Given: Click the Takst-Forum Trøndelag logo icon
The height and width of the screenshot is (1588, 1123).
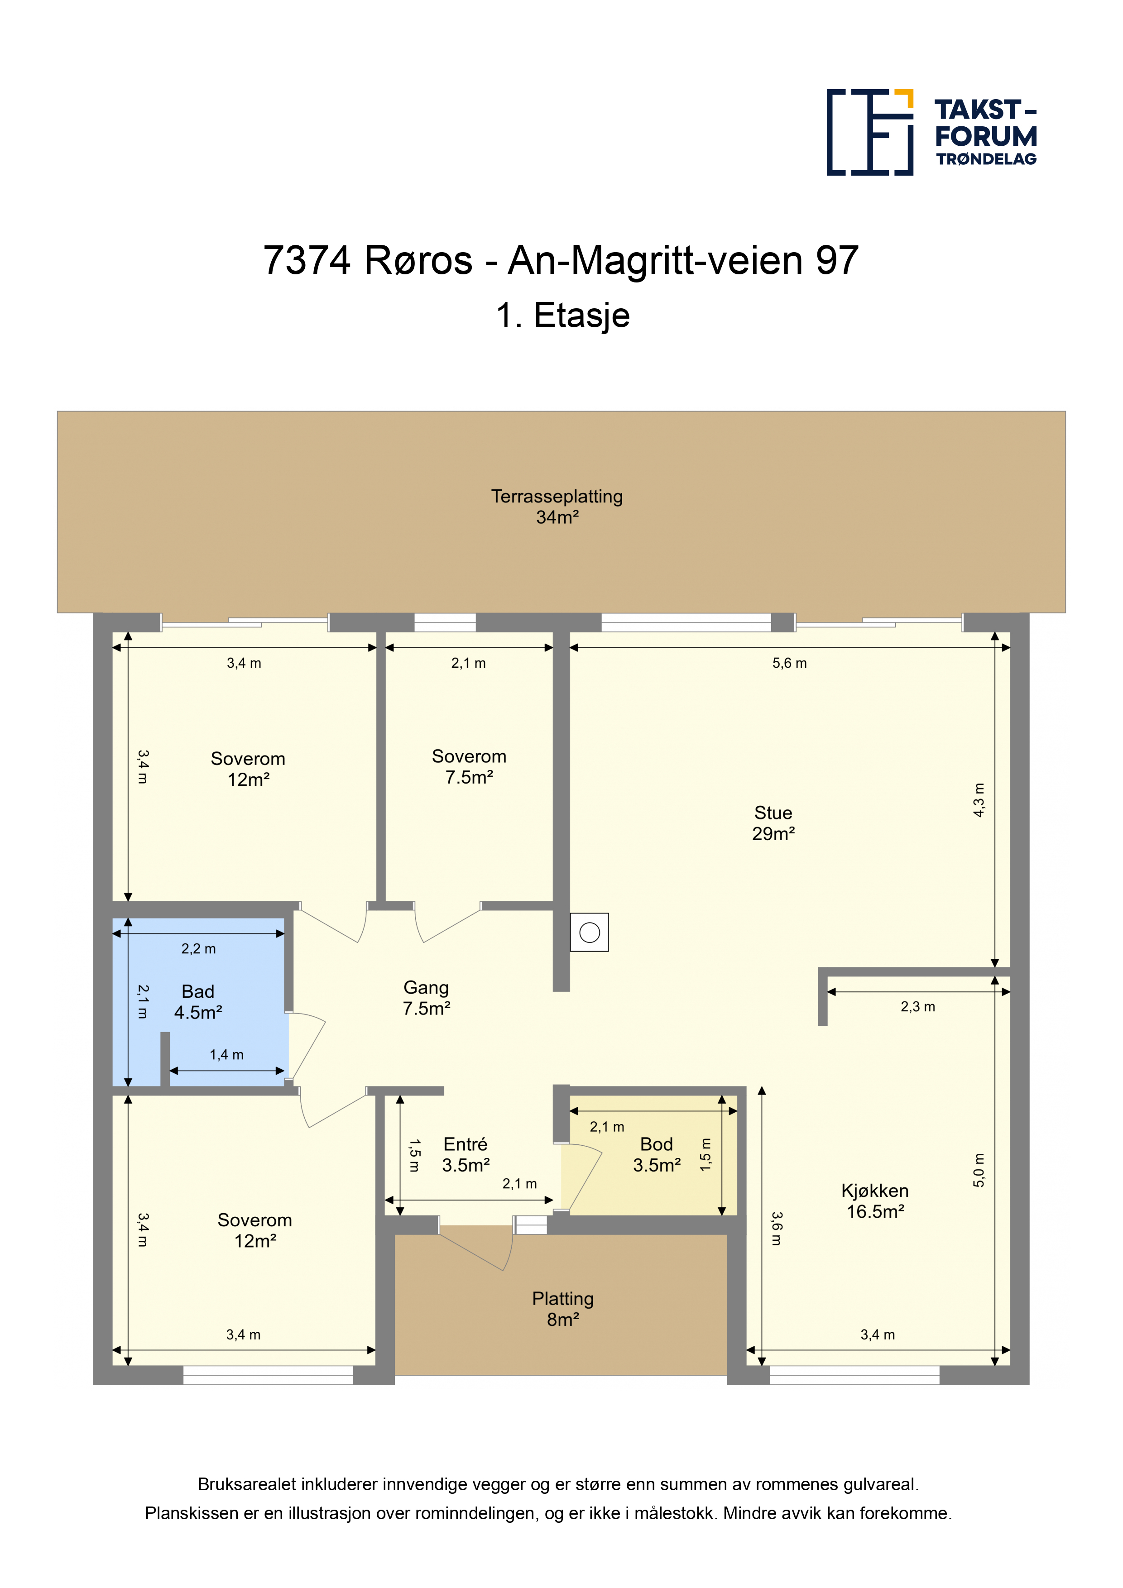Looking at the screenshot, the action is pos(870,132).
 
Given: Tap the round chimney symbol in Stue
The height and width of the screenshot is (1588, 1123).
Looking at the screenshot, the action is pos(590,933).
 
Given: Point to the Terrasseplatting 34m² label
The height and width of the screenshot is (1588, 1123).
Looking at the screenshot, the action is pos(557,506).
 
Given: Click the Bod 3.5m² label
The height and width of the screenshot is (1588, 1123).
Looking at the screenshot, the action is pos(657,1154).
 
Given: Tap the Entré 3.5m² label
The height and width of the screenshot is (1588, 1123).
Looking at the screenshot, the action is pos(466,1154).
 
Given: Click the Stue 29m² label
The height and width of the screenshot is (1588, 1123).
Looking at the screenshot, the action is pos(773,823).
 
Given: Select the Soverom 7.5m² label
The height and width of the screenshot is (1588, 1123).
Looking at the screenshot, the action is pos(469,766).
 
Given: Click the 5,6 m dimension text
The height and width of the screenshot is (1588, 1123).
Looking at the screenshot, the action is pos(789,663).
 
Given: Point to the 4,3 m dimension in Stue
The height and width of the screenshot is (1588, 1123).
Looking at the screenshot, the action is pos(979,800).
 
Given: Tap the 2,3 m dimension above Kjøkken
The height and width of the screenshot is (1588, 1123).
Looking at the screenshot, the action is pos(917,1007).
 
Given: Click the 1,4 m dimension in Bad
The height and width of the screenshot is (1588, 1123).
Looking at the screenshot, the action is pos(227,1055).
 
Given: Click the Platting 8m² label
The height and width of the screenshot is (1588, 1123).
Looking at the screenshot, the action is pos(563,1309).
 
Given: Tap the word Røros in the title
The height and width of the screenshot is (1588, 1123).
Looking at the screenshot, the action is pos(418,261).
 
